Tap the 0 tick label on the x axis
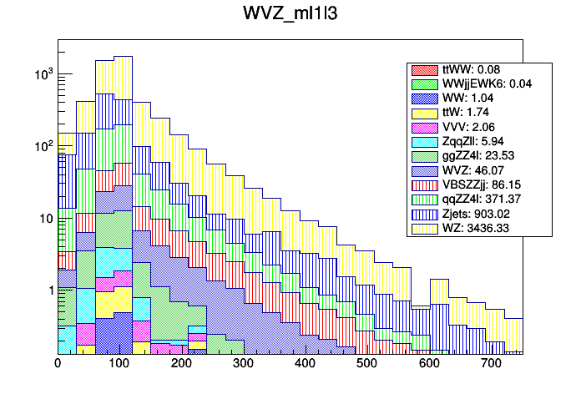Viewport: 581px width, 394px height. click(x=58, y=364)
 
